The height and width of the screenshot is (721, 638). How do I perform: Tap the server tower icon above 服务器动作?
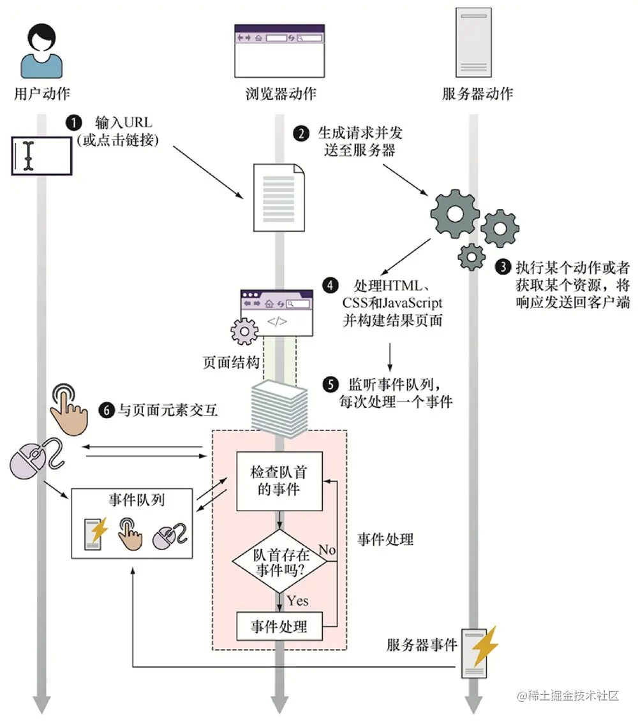tap(473, 42)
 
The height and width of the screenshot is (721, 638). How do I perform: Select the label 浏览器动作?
tap(280, 94)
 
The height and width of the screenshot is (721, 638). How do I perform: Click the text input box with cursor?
tap(41, 156)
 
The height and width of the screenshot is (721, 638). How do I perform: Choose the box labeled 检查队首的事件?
tap(279, 481)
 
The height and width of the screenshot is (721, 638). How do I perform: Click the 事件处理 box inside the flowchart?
tap(279, 626)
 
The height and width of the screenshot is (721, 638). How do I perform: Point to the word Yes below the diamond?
tap(297, 601)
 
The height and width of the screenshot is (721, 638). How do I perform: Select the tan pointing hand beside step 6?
tap(68, 409)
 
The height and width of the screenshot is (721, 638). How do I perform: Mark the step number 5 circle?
tap(330, 384)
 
